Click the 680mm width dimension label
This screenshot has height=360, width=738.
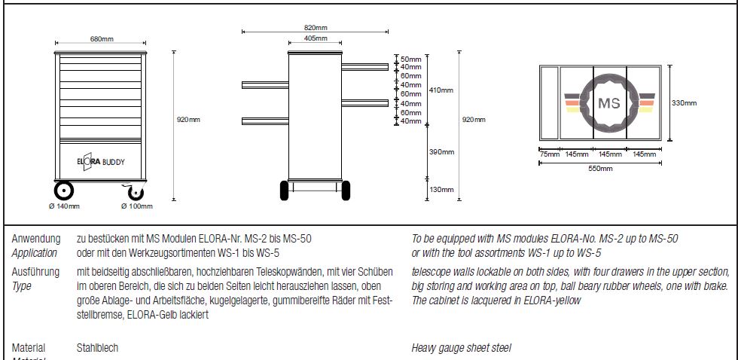pyautogui.click(x=102, y=38)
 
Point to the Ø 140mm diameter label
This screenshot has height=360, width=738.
pyautogui.click(x=63, y=206)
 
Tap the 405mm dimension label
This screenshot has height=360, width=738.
pyautogui.click(x=316, y=38)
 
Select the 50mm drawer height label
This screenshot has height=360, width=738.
pyautogui.click(x=410, y=59)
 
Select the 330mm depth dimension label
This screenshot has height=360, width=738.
pyautogui.click(x=685, y=103)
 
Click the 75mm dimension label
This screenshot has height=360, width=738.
pyautogui.click(x=550, y=154)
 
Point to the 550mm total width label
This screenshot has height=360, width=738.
pyautogui.click(x=600, y=169)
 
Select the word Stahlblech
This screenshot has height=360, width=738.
pyautogui.click(x=97, y=348)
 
